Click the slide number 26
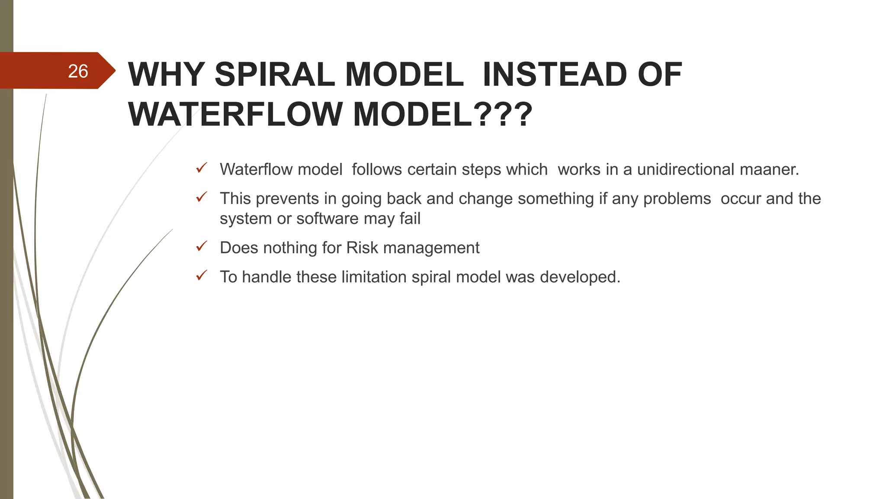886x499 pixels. (78, 71)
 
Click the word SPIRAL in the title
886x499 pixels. (274, 75)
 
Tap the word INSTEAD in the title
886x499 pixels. (554, 75)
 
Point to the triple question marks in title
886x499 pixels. (503, 115)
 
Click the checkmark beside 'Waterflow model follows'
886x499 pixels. (202, 168)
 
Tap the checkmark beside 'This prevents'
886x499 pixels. (202, 198)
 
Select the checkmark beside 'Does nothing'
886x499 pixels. (202, 247)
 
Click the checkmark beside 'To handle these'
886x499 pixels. (202, 276)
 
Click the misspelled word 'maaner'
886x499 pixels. (769, 169)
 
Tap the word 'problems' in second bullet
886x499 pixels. (677, 199)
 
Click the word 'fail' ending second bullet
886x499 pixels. (410, 219)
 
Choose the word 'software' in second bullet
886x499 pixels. (327, 219)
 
